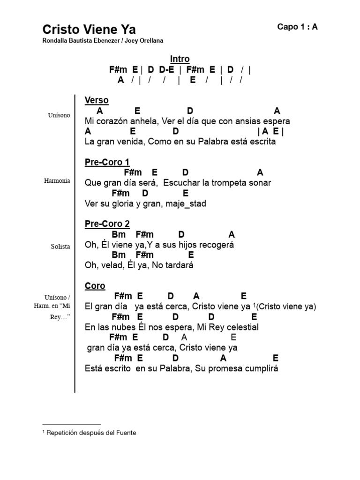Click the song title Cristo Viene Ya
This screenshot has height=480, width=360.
click(x=89, y=30)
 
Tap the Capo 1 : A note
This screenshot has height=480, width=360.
click(x=297, y=27)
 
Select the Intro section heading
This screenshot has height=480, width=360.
click(x=180, y=59)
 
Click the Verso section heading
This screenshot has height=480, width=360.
click(x=97, y=100)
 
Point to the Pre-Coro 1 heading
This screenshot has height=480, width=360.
click(x=107, y=162)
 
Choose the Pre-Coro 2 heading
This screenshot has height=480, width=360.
click(x=107, y=224)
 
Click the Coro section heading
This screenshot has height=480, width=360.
click(x=95, y=285)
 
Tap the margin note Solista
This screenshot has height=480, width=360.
click(x=60, y=247)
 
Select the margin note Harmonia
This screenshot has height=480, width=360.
click(x=57, y=180)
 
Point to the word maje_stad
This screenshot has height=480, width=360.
click(x=186, y=203)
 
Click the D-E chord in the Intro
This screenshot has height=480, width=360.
click(x=166, y=69)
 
